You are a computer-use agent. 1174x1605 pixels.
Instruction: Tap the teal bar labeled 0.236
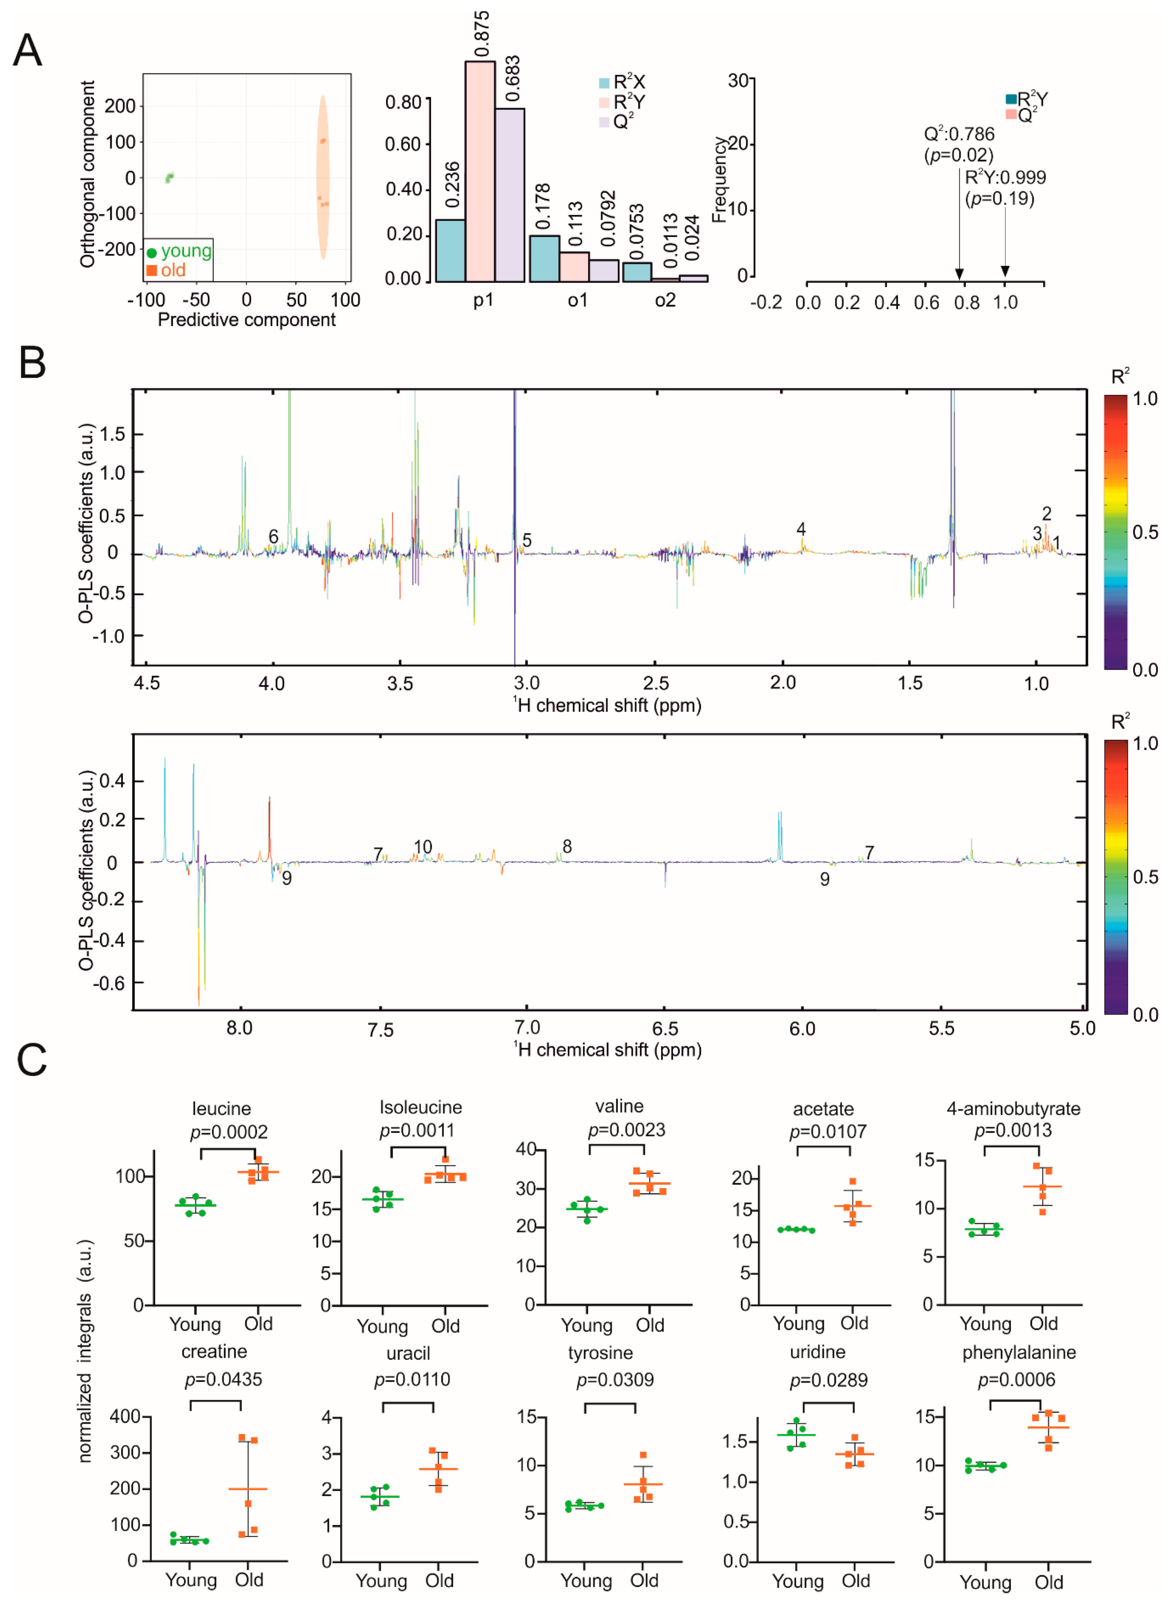click(450, 250)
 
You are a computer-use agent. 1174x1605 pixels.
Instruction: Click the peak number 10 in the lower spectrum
click(423, 846)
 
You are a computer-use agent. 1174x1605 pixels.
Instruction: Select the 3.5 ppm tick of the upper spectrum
click(400, 684)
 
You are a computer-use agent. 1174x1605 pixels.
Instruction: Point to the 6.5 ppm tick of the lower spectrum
click(665, 1028)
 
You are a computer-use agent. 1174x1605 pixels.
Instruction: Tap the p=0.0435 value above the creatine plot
click(223, 1379)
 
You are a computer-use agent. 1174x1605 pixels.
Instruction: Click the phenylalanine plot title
click(1018, 1352)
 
